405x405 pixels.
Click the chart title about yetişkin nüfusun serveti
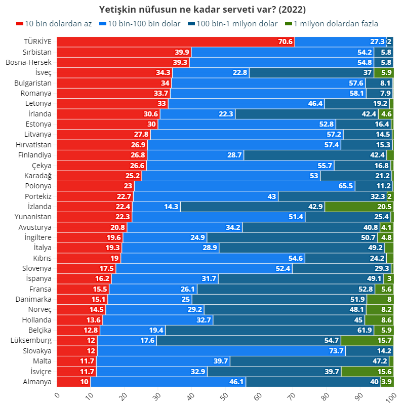[x=202, y=10]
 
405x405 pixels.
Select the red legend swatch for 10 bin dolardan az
[x=20, y=24]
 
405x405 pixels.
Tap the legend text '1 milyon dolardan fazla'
[x=336, y=24]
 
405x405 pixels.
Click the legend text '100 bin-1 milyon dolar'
[x=237, y=24]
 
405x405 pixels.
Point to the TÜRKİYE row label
[x=37, y=42]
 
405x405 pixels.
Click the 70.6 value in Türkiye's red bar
[x=285, y=42]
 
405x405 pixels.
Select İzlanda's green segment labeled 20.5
[x=359, y=207]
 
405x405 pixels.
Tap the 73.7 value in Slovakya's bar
[x=336, y=351]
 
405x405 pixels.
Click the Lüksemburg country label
[x=31, y=340]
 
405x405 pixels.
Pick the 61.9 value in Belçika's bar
[x=364, y=330]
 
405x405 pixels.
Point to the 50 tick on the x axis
[x=224, y=396]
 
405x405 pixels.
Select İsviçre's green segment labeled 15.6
[x=368, y=372]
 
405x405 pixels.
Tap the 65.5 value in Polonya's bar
[x=346, y=186]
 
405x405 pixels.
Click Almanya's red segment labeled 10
[x=73, y=382]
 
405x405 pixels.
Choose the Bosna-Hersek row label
[x=29, y=62]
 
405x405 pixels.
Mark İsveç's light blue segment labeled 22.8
[x=211, y=72]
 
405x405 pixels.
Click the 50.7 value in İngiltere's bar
[x=368, y=237]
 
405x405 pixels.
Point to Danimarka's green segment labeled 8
[x=380, y=299]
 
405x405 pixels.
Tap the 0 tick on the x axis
[x=57, y=395]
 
